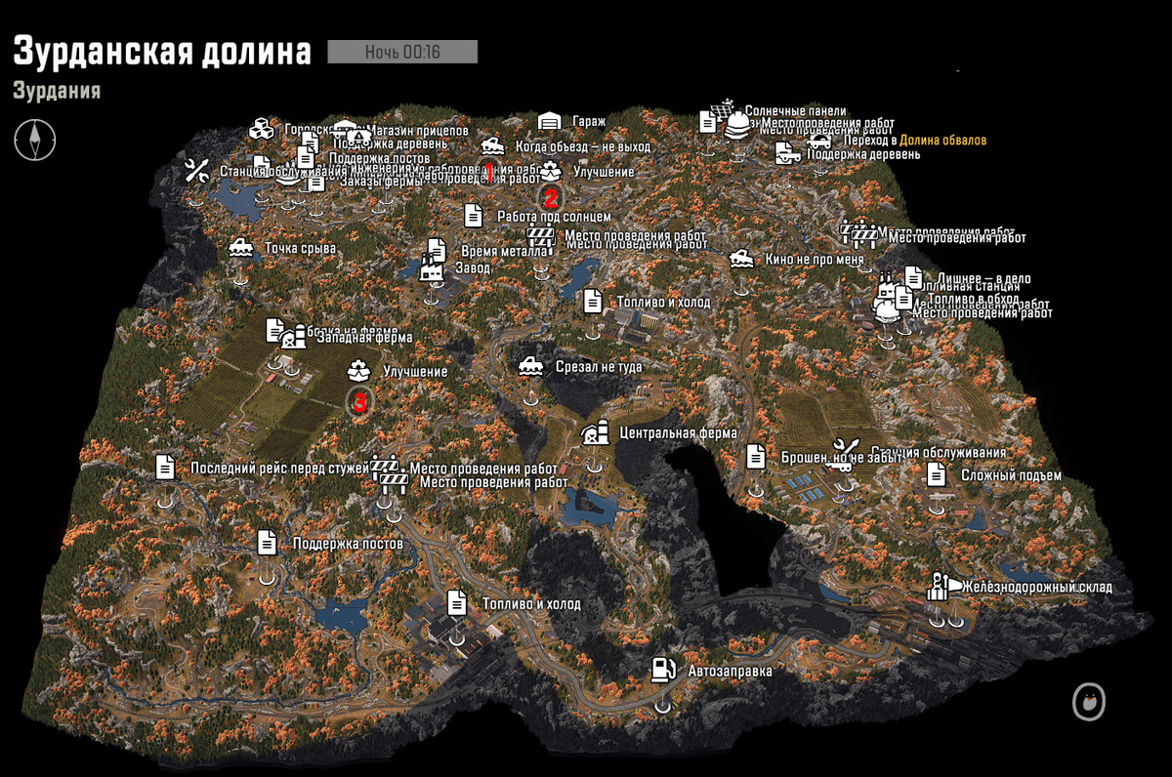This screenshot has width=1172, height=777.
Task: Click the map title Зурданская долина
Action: tap(162, 52)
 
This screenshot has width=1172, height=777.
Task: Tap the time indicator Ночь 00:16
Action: tap(401, 52)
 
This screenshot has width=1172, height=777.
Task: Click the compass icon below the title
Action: tap(34, 139)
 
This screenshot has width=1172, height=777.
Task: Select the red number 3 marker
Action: tap(359, 401)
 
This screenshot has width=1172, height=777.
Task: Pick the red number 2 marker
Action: tap(550, 193)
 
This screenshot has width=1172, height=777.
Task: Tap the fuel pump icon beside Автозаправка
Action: tap(663, 670)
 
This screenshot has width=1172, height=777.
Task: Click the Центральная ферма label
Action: tap(678, 433)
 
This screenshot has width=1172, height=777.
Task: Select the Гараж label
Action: tap(589, 121)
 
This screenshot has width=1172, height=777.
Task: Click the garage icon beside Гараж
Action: tap(550, 121)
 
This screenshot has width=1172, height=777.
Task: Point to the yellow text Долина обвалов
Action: tap(943, 141)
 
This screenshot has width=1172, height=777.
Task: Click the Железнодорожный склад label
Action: tap(1036, 587)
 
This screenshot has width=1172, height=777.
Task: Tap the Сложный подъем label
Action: tap(1010, 475)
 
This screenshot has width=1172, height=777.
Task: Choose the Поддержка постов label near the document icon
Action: tap(347, 543)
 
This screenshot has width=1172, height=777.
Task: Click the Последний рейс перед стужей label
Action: tap(279, 468)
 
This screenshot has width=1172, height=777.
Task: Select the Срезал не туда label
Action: tap(599, 367)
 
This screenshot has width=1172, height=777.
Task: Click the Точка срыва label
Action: tap(300, 248)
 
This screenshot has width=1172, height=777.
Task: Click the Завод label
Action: tap(472, 267)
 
